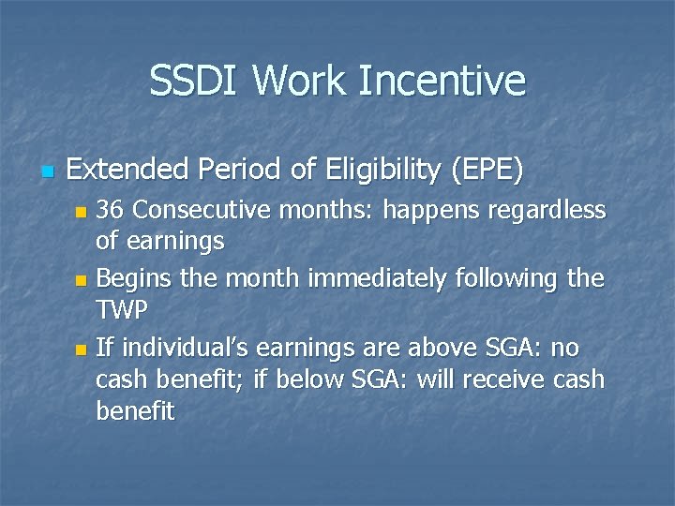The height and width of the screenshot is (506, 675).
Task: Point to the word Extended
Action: pyautogui.click(x=124, y=170)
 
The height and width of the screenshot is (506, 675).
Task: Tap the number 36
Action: pyautogui.click(x=112, y=210)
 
